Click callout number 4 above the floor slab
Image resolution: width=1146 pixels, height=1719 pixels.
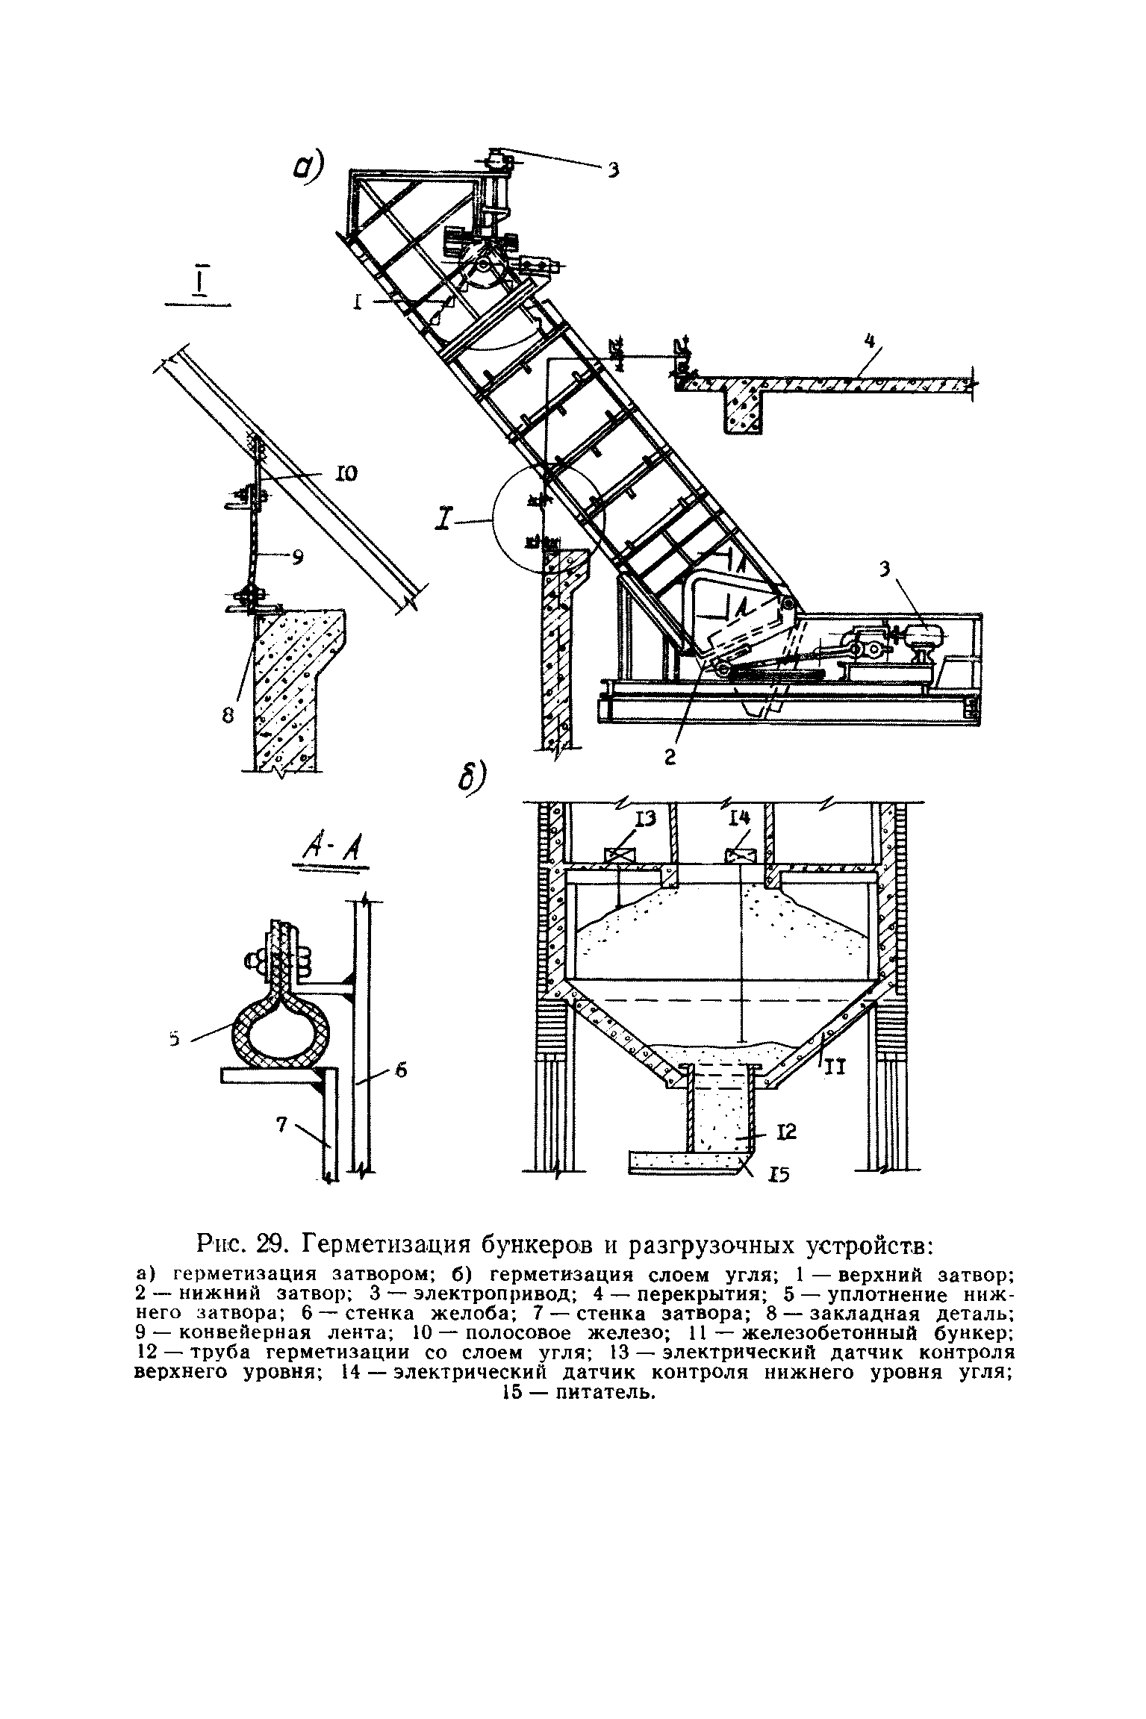click(868, 342)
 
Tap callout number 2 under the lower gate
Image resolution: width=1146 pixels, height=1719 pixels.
click(670, 757)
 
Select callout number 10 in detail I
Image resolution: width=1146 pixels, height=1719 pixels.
click(346, 472)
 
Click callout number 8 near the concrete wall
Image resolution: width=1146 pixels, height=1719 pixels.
click(228, 714)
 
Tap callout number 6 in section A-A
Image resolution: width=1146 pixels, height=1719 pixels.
click(400, 1070)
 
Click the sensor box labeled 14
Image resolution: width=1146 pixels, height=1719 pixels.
click(739, 855)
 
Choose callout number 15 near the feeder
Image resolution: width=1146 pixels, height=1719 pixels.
click(781, 1175)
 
